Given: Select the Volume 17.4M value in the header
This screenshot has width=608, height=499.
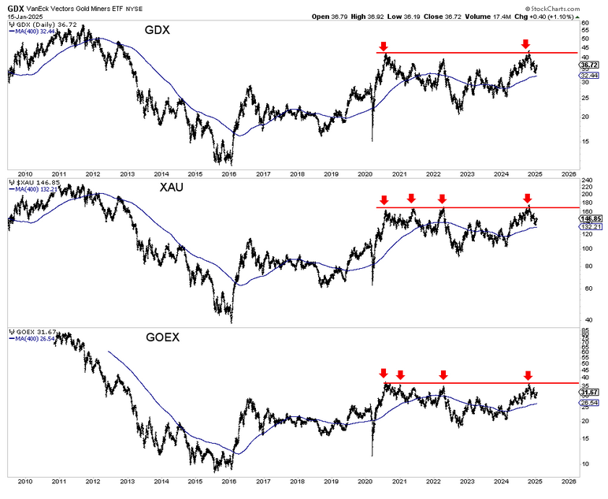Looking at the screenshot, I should click(490, 16).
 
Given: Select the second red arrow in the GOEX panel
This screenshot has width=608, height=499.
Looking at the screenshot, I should click(400, 374).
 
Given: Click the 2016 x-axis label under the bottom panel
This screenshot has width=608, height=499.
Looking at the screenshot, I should click(229, 480).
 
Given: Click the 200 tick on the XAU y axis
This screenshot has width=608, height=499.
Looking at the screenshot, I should click(585, 192).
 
